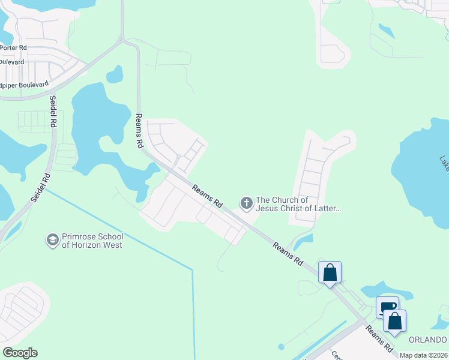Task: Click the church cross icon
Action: click(x=246, y=204)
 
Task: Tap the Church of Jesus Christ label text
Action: click(x=298, y=205)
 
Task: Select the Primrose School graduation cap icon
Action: click(x=52, y=241)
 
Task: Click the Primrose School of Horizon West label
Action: click(x=92, y=241)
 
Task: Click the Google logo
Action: click(x=20, y=353)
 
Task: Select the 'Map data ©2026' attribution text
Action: click(x=424, y=355)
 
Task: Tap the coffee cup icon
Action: click(x=387, y=307)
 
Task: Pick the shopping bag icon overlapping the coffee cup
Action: click(x=395, y=322)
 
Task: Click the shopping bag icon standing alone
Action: click(x=330, y=272)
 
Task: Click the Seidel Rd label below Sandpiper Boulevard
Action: click(x=53, y=111)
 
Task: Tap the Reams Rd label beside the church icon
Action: click(x=207, y=197)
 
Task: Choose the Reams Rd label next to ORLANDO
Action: click(x=379, y=339)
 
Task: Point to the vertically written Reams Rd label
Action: click(x=139, y=131)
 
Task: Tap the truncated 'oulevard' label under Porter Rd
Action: click(x=12, y=62)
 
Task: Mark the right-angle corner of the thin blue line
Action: click(x=193, y=270)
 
